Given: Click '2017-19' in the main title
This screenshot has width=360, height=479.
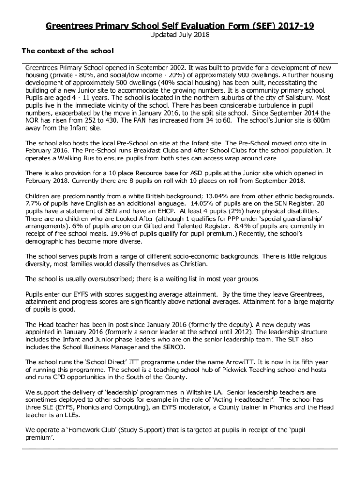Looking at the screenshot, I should (295, 26).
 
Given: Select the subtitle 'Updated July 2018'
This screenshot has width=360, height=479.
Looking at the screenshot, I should (180, 35).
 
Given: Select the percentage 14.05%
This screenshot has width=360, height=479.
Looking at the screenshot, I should (192, 203).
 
